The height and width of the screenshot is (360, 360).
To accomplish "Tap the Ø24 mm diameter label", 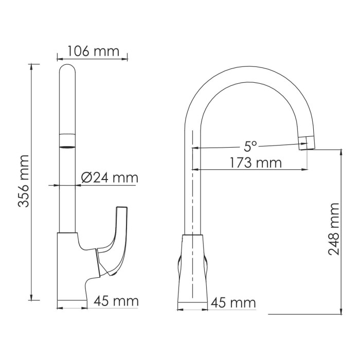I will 110,178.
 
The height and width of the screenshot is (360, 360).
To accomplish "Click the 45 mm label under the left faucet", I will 116,301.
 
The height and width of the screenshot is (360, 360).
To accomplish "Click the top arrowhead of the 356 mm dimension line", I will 34,66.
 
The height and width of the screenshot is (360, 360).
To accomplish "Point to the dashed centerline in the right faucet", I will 192,206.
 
